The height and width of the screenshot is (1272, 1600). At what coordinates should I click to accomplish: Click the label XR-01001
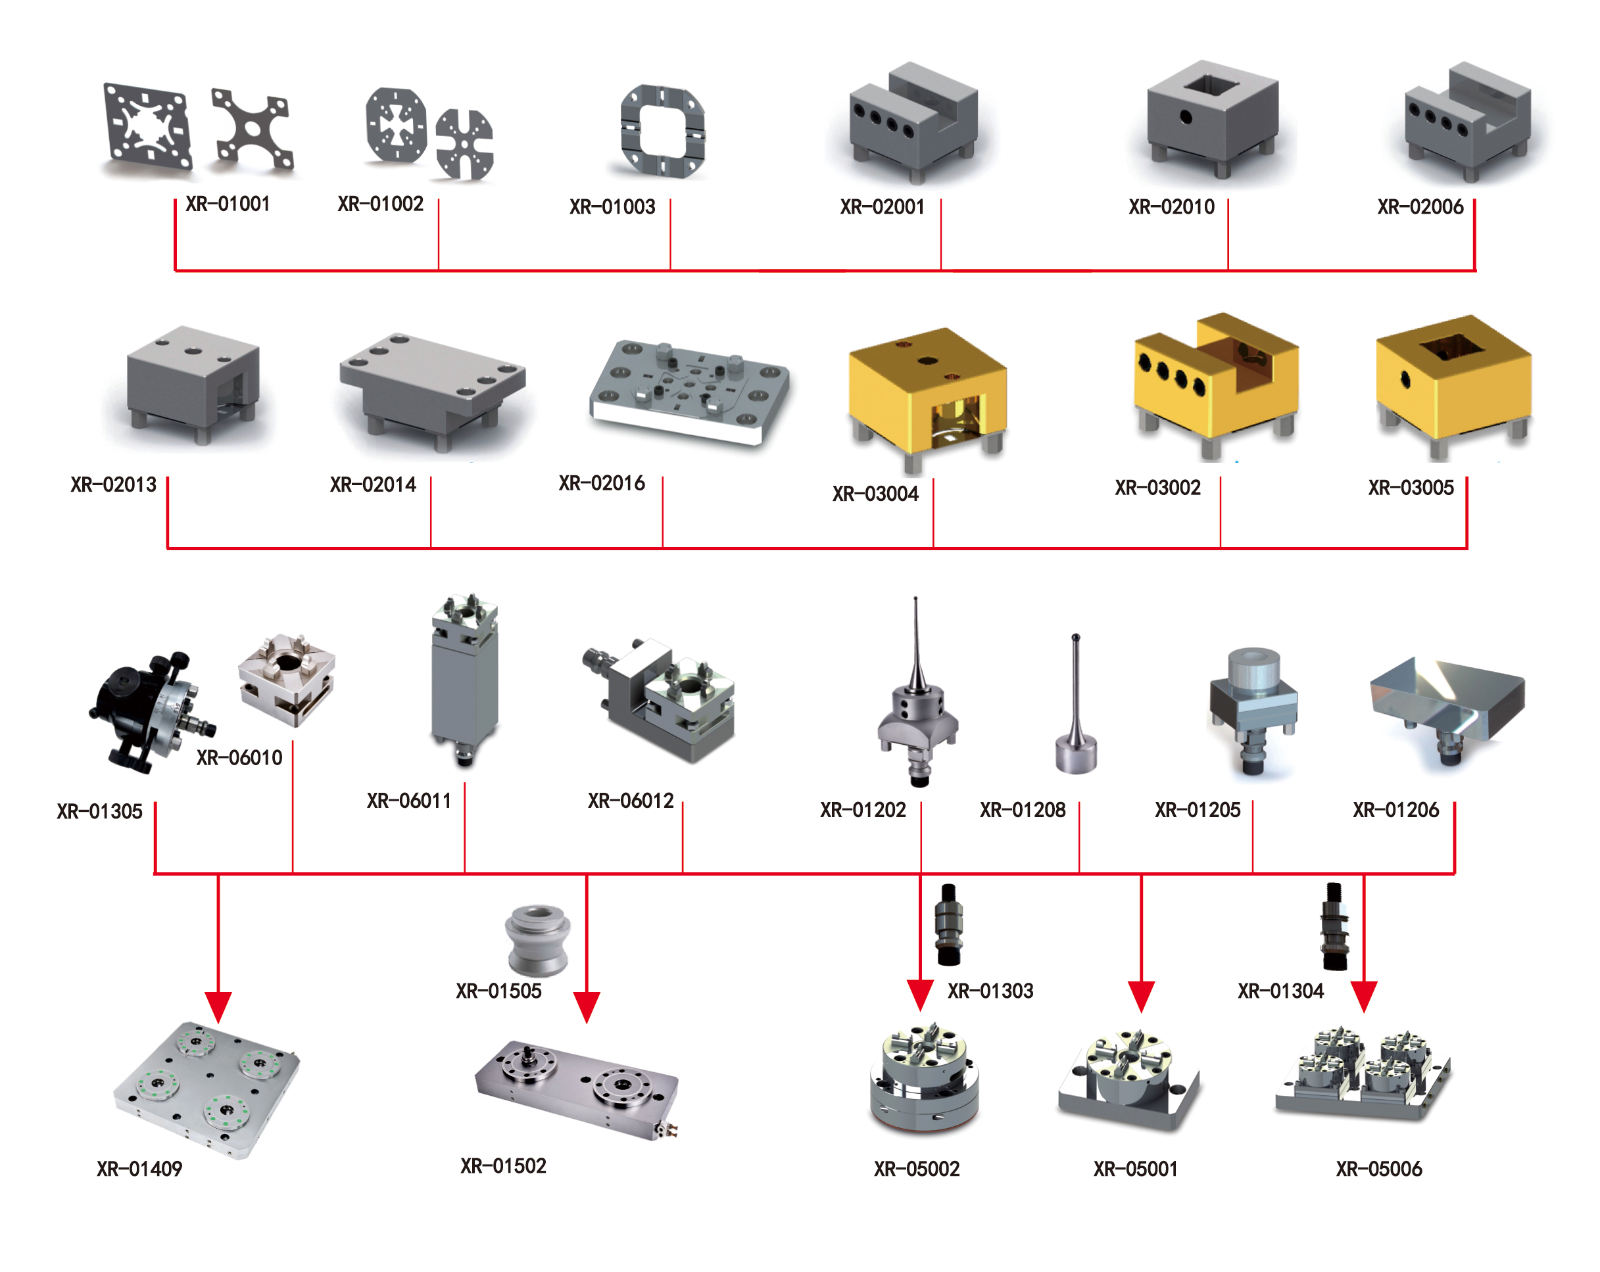point(227,204)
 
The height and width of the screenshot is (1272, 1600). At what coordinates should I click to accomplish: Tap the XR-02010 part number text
point(1171,207)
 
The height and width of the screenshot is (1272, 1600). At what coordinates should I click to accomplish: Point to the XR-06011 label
point(409,801)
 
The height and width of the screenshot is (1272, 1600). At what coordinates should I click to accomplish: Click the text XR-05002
point(917,1169)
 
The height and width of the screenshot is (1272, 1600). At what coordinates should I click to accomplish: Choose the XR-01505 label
point(498,991)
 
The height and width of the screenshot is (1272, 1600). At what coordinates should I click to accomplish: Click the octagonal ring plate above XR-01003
point(662,132)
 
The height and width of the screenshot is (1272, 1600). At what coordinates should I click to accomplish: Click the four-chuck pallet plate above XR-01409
point(206,1087)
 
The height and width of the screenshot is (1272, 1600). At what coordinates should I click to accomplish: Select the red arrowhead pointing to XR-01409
point(218,1006)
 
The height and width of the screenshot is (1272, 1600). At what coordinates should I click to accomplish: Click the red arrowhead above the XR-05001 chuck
point(1140,995)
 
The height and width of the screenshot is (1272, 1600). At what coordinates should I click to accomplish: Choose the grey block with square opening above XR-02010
point(1211,119)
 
